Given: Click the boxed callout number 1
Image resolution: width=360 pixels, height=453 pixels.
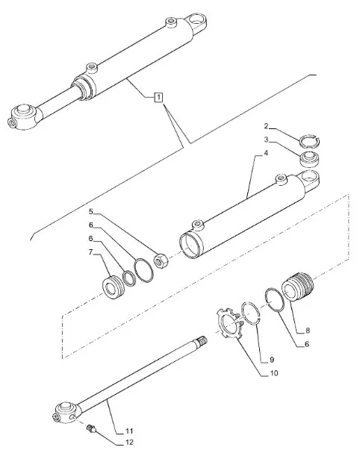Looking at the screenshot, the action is pos(158,97).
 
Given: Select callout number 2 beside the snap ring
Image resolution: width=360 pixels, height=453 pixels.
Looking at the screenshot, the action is pos(266,126).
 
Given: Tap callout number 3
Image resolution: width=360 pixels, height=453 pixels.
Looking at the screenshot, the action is pos(266,140).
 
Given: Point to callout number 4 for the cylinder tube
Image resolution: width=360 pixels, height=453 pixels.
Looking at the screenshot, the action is pos(266,153).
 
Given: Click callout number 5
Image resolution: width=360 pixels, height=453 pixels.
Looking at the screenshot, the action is pos(91,212).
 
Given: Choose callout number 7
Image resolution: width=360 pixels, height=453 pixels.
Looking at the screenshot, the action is pos(91,252).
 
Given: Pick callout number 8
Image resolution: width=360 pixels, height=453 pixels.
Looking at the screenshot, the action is pos(308,330).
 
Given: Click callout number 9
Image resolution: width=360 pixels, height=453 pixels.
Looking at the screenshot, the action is pos(272,360).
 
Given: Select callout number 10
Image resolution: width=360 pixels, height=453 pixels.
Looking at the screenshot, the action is pos(273,373).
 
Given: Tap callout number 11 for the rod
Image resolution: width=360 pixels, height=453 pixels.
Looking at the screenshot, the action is pos(129,431).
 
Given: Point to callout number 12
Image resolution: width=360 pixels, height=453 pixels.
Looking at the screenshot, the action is pos(129,443).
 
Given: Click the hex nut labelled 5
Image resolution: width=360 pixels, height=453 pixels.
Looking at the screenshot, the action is pos(160,260).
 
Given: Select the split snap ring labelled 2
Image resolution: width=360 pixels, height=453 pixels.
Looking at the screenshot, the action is pos(309,141).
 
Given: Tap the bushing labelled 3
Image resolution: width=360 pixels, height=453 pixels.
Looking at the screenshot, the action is pos(310,160).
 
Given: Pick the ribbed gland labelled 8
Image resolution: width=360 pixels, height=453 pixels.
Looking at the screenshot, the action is pos(298,286).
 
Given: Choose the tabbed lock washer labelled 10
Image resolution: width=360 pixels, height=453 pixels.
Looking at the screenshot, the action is pos(230,324).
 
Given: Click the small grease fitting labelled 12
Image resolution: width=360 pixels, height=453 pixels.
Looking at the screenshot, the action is pos(91,428).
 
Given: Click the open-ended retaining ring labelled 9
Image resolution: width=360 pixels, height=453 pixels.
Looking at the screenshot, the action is pos(251,314).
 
